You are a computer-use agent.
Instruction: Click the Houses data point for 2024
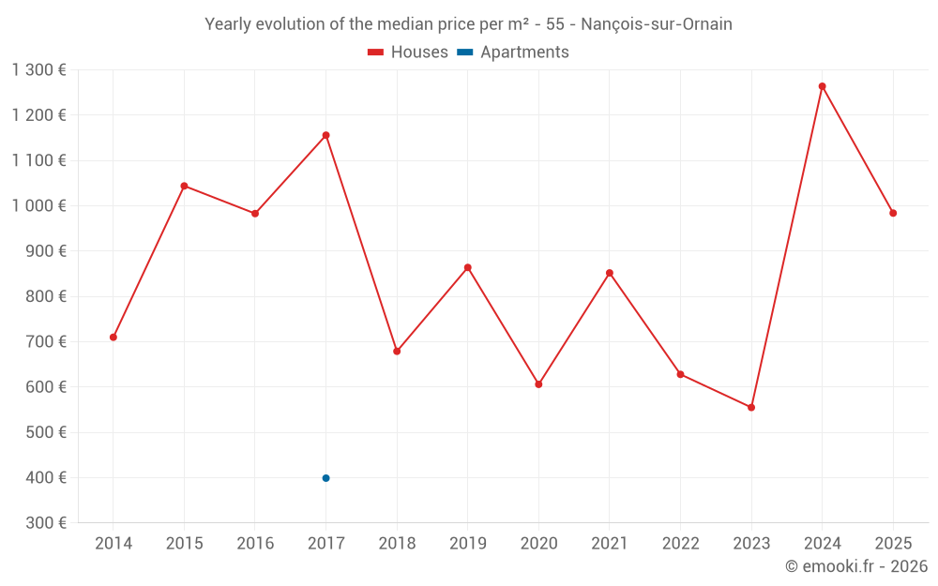[x=822, y=86]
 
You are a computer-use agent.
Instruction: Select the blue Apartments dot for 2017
[x=325, y=478]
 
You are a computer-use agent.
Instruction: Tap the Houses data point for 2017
[x=325, y=135]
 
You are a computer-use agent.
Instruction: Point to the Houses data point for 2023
[x=751, y=407]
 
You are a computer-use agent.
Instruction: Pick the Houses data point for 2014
[x=113, y=337]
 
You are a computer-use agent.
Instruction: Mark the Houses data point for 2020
[x=538, y=384]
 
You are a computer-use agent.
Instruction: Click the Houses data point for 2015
[x=184, y=186]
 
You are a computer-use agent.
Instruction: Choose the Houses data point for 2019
[x=468, y=267]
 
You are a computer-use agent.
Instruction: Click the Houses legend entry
[x=408, y=53]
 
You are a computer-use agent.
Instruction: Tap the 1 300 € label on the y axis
[x=38, y=70]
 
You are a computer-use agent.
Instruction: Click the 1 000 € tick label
[x=38, y=206]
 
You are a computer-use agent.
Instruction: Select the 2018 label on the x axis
[x=397, y=544]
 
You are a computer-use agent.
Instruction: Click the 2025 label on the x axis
[x=893, y=544]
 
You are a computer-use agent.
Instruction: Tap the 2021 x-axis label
[x=610, y=544]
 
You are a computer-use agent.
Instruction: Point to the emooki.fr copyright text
[x=856, y=566]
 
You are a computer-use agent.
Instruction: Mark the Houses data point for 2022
[x=681, y=374]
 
